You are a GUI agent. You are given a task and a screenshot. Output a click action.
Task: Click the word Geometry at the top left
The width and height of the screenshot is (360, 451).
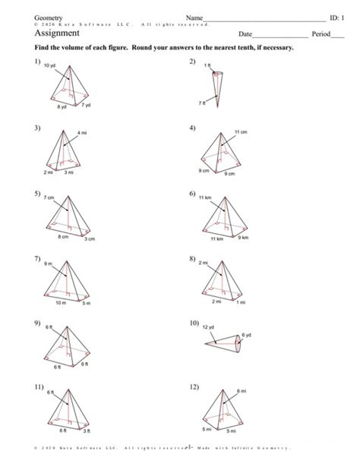46,17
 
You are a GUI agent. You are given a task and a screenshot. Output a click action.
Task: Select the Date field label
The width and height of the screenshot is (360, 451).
244,35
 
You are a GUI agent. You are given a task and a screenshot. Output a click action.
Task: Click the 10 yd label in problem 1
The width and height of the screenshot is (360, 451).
51,67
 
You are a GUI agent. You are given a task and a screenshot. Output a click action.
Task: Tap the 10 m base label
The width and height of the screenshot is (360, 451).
62,302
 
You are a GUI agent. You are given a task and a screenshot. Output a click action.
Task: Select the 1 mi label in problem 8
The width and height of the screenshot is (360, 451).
241,302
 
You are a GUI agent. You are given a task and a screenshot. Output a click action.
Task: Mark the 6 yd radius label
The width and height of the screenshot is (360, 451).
247,335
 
